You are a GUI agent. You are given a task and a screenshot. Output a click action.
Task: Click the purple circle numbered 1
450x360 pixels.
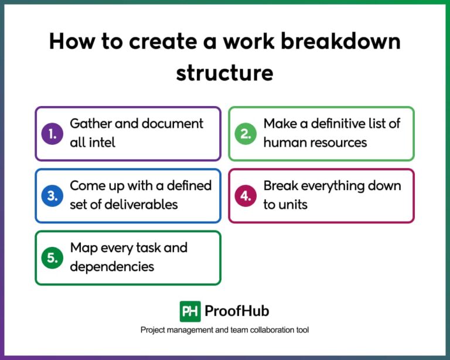coord(53,134)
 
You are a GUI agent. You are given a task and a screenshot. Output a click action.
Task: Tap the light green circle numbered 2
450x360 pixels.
coord(246,134)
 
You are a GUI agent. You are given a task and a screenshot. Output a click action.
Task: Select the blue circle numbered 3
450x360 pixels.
coord(53,196)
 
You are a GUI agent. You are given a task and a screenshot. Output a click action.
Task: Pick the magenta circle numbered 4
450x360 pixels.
coord(246,196)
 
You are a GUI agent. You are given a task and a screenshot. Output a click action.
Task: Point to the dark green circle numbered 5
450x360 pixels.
coord(53,258)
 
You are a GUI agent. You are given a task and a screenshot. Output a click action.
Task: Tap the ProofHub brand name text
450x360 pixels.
coord(237,311)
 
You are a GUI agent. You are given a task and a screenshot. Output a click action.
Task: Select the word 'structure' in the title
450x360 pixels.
coord(225,73)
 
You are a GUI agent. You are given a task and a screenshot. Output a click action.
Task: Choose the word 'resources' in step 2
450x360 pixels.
coord(337,142)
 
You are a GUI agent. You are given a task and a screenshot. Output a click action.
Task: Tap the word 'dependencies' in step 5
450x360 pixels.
coord(112,266)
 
